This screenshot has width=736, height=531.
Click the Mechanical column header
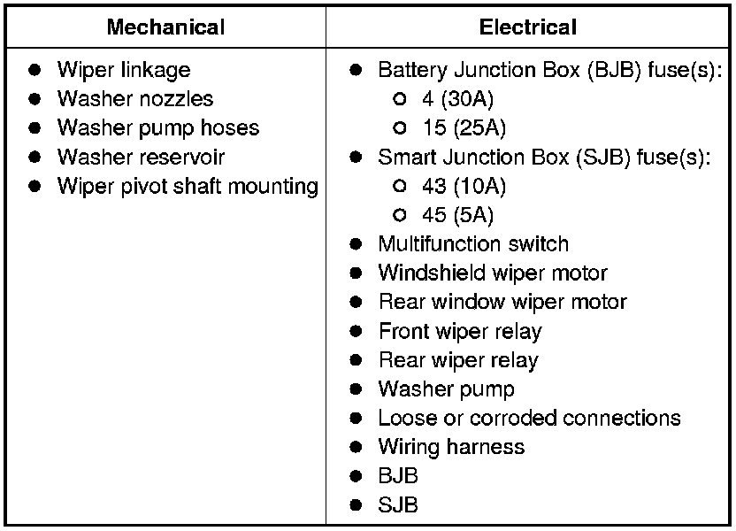click(x=165, y=27)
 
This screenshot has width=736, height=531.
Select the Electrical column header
click(x=528, y=27)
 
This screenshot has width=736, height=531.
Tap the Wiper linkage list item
click(x=123, y=70)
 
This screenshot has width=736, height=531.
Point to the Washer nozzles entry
click(x=134, y=98)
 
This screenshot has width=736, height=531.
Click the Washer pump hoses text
click(x=157, y=127)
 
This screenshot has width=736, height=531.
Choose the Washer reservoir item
click(x=141, y=157)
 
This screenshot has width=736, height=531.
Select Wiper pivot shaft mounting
click(x=187, y=186)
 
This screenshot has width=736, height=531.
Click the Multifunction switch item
click(x=472, y=243)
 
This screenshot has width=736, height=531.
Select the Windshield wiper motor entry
click(x=492, y=273)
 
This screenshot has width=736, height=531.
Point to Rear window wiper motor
click(x=502, y=302)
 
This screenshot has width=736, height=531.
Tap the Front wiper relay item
click(x=459, y=331)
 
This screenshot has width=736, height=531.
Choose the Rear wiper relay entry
click(x=457, y=360)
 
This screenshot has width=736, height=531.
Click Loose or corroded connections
click(x=529, y=418)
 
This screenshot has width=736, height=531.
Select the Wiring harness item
click(x=450, y=447)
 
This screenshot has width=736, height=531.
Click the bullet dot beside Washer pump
click(x=356, y=389)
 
